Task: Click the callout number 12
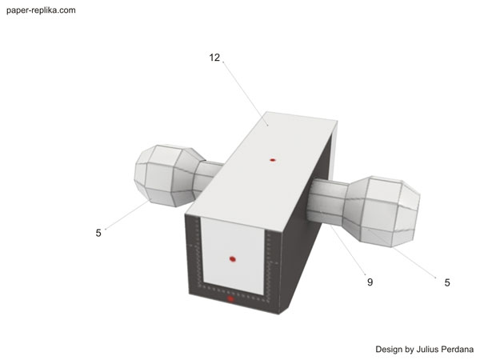pos(214,58)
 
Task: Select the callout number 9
pos(370,282)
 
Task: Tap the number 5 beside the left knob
pos(98,233)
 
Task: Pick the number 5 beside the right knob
pos(447,282)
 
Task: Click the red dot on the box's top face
pos(273,160)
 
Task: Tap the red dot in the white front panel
pos(233,259)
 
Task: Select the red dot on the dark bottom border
pos(230,298)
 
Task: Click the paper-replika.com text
pos(41,10)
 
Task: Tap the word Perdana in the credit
pos(458,350)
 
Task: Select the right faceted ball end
pos(382,211)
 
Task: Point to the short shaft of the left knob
pos(208,176)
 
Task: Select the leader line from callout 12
pos(246,94)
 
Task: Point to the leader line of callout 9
pos(348,250)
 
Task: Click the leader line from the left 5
pos(128,214)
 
